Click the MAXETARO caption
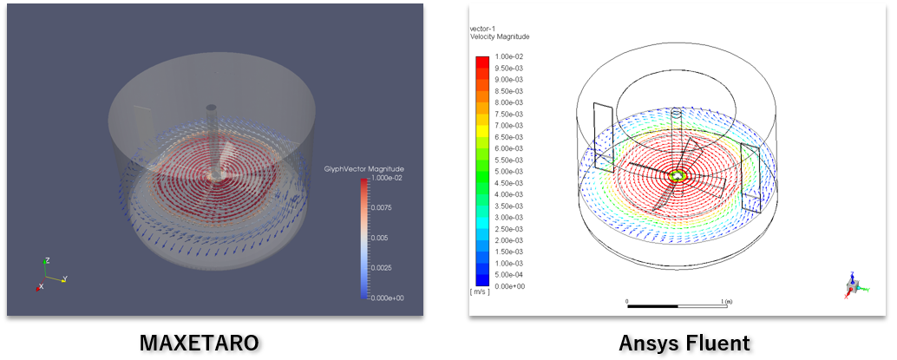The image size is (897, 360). (199, 343)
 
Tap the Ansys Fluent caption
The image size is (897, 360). (684, 343)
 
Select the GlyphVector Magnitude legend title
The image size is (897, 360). (364, 169)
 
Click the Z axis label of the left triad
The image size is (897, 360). (48, 260)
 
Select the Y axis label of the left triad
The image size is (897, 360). (65, 278)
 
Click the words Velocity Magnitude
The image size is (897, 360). (500, 36)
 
